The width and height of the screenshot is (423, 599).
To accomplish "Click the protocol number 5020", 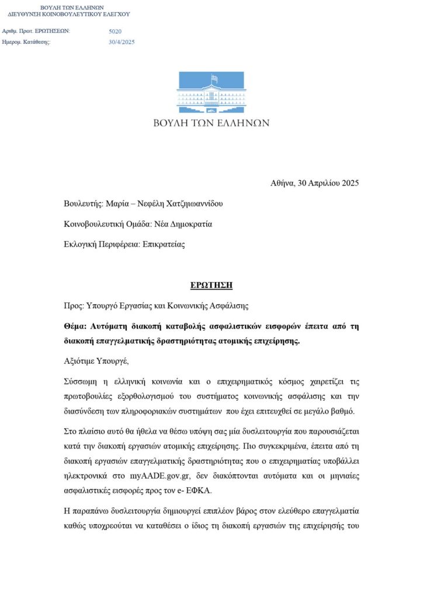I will [x=115, y=31].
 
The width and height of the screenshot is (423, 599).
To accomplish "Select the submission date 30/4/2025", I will [x=122, y=42].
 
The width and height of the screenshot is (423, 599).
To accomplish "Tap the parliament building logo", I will [x=211, y=93].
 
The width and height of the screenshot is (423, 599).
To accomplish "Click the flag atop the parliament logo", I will [x=214, y=78].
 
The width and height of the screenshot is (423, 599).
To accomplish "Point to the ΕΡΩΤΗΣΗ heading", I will [x=211, y=285].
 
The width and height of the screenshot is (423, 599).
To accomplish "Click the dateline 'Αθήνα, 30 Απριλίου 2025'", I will [x=314, y=183].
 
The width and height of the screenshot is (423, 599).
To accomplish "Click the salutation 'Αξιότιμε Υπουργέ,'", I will [x=95, y=362].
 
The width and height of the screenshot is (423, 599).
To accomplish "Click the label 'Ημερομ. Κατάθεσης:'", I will [x=27, y=42].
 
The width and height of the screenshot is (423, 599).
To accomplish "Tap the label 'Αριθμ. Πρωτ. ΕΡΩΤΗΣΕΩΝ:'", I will [x=36, y=31].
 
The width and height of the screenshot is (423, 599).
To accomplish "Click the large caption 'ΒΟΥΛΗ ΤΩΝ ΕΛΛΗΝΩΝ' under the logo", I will [x=211, y=123].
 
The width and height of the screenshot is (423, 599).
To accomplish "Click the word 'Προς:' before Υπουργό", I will [x=74, y=305].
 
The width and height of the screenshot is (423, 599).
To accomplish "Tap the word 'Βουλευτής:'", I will [x=84, y=204].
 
